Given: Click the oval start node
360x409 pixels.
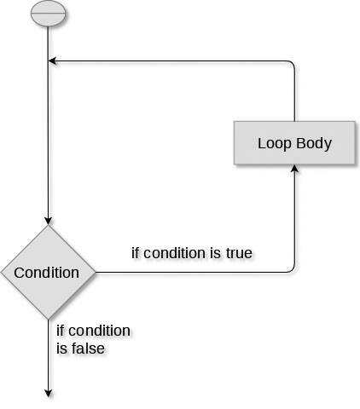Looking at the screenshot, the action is point(48,14).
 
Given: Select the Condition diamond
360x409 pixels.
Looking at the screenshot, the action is point(48,273).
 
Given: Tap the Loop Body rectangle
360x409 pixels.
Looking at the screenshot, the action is point(294,143).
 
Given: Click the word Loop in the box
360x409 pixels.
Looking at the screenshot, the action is point(275,144).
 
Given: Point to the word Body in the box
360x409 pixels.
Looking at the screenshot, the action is point(314,144).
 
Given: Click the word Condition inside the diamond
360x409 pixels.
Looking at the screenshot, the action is point(47,273).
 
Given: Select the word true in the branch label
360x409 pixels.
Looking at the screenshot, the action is point(239,253).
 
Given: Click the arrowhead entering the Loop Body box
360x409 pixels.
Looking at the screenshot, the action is point(294,168).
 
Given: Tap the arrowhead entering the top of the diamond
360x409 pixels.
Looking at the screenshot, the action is point(48,221).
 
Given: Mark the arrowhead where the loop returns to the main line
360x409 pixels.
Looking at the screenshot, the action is point(52,60).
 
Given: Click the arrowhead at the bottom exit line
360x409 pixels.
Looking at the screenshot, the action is point(49,394).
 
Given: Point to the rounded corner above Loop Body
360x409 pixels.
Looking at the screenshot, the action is point(292,63).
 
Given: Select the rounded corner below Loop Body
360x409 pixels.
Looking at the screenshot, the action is point(292,270).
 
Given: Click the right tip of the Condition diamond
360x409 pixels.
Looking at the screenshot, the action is point(96,273).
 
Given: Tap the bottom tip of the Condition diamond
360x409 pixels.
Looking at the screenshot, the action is point(48,320).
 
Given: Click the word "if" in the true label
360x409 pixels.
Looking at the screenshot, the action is point(136,253).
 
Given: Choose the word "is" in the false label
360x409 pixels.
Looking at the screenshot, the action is point(61,349).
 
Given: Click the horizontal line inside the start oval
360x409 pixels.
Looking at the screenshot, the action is point(48,13).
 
